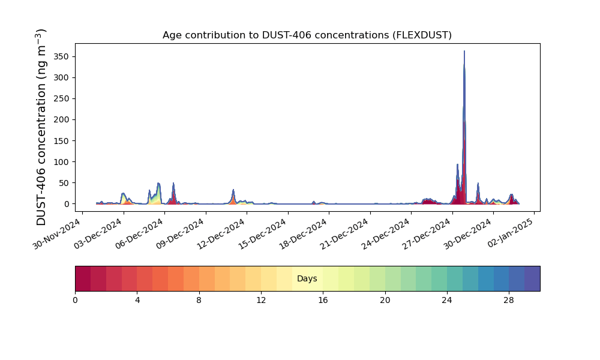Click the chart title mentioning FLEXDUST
click(x=307, y=35)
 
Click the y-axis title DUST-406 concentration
click(x=41, y=127)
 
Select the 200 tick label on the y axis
click(x=62, y=120)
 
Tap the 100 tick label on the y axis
click(x=62, y=162)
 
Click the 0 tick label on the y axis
click(x=67, y=204)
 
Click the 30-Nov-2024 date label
click(x=57, y=233)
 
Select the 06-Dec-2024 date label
click(x=139, y=233)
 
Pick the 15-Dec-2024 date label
click(x=263, y=233)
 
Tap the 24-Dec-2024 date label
click(x=386, y=233)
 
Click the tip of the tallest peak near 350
click(x=464, y=51)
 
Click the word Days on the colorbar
click(x=307, y=278)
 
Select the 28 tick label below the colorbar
click(x=509, y=301)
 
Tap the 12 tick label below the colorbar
click(x=261, y=301)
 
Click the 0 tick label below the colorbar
click(x=75, y=301)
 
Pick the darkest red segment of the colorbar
click(x=83, y=278)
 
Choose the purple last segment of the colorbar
click(x=532, y=278)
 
